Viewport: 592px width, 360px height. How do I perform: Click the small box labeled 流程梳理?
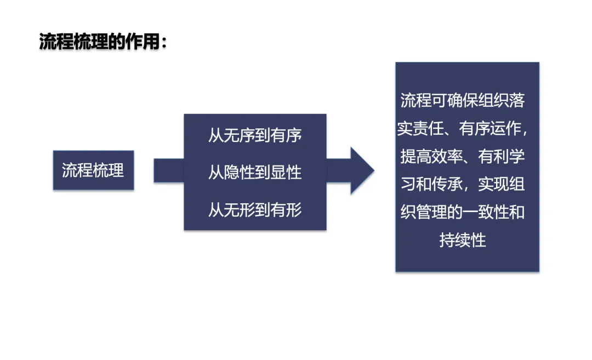tap(93, 170)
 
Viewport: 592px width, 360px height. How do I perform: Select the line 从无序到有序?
tap(255, 135)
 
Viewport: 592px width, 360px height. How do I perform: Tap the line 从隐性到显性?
tap(255, 173)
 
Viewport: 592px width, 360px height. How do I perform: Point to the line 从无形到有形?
tap(255, 209)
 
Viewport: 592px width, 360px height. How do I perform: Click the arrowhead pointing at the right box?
tap(362, 170)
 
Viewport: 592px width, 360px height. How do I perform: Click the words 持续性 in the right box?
tap(463, 240)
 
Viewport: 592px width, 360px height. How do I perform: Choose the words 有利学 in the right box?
tap(502, 157)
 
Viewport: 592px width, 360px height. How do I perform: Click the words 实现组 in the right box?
tap(502, 185)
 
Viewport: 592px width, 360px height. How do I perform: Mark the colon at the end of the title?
tap(163, 42)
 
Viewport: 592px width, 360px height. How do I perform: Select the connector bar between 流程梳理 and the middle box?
tap(168, 170)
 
